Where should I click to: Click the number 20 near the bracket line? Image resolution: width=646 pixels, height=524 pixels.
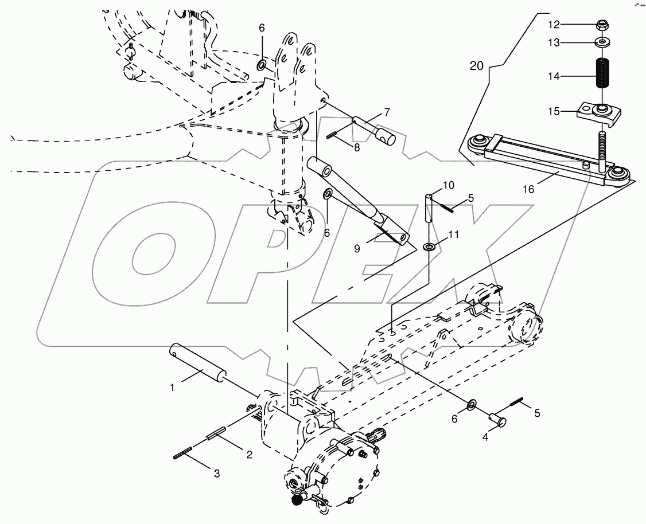(x=477, y=66)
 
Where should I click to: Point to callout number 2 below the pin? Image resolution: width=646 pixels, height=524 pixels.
(x=249, y=455)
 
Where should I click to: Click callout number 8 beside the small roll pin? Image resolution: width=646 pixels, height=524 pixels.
(x=357, y=147)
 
